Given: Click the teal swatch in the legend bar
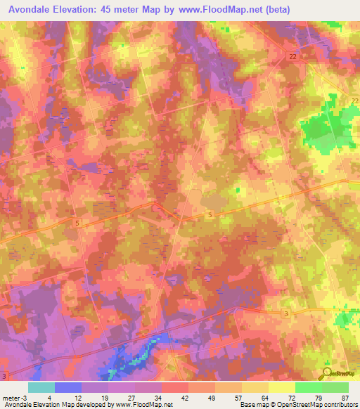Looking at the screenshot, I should [41, 387].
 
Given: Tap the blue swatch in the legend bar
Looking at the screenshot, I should [68, 387].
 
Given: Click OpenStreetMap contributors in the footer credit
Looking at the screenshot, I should [321, 405].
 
